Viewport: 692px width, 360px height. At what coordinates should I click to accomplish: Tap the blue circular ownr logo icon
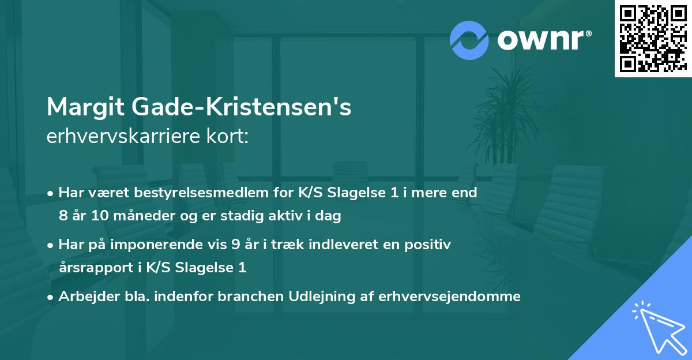pos(469,40)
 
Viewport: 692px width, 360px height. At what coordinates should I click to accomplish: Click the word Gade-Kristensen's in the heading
pos(242,107)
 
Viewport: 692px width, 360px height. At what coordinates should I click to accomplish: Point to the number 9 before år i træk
pos(235,245)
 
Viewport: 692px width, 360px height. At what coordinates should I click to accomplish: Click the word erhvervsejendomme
pos(449,297)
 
